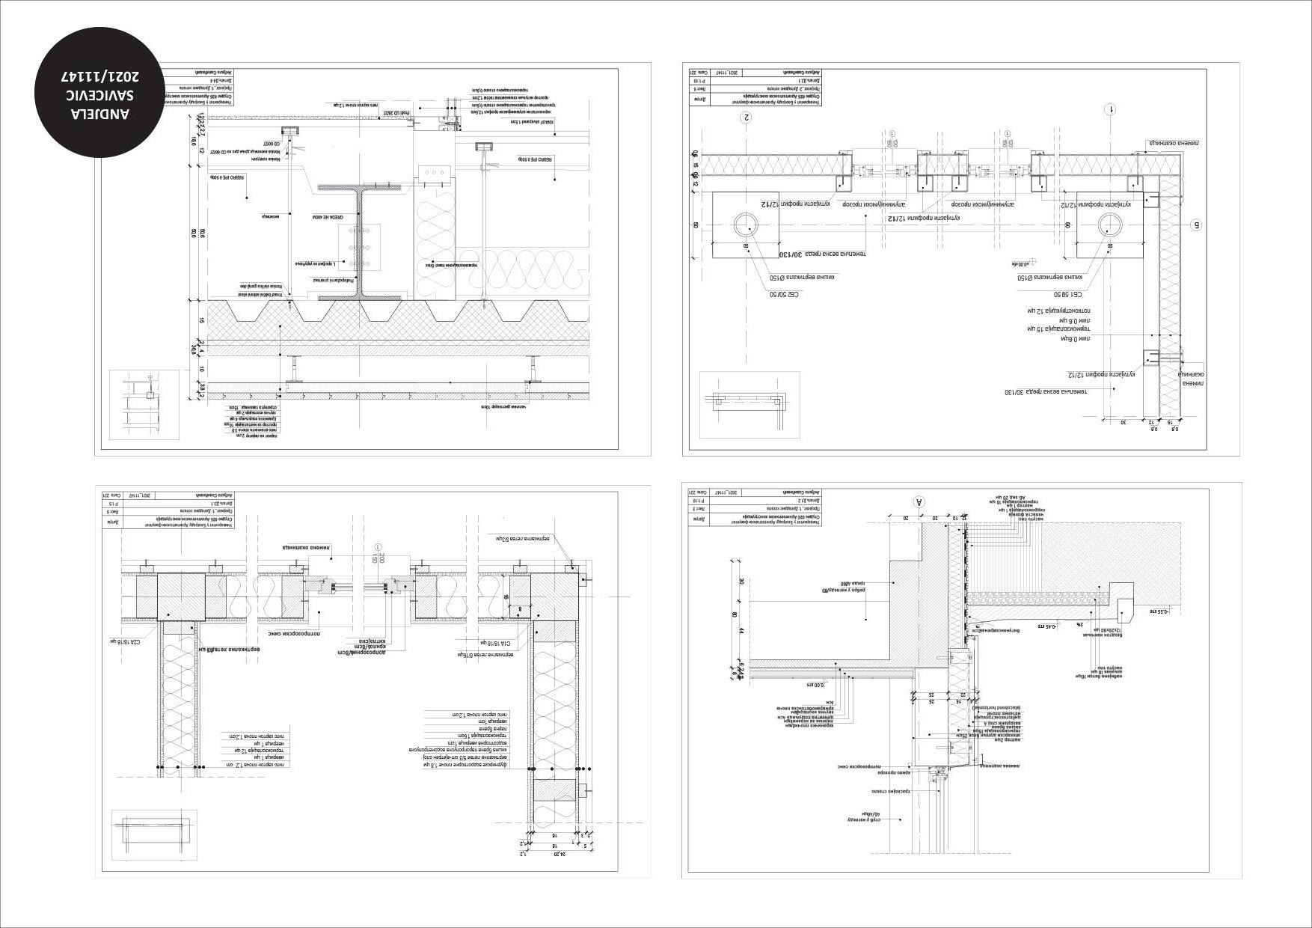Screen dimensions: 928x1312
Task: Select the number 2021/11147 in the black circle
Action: [102, 77]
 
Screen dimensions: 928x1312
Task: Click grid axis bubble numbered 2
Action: [746, 117]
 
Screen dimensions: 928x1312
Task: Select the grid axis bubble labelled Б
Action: [1195, 225]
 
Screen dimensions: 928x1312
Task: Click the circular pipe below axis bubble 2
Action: [746, 225]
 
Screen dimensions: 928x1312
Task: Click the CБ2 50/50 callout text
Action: [785, 294]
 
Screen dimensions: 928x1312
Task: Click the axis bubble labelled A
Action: [920, 501]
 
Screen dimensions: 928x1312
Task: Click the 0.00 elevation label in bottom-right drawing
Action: [815, 684]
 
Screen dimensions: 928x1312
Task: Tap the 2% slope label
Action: [1079, 623]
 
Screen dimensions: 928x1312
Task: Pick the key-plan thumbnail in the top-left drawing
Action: [144, 404]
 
